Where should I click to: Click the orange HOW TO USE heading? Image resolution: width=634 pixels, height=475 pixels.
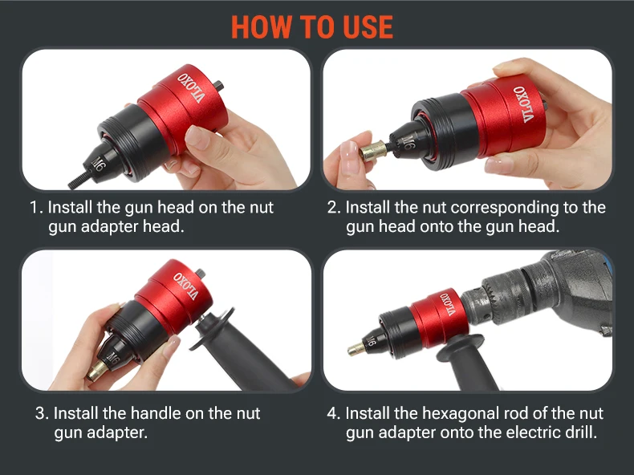click(311, 27)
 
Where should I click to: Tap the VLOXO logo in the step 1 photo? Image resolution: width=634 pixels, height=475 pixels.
click(190, 88)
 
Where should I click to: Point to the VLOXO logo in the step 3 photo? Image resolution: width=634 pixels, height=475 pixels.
click(186, 286)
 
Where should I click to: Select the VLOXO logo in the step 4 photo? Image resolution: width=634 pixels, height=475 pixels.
click(449, 303)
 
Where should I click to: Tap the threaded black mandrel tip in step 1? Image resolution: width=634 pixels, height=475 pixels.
click(79, 181)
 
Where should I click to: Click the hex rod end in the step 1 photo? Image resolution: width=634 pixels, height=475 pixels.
click(218, 85)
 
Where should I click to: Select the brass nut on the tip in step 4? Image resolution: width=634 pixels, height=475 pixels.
click(356, 348)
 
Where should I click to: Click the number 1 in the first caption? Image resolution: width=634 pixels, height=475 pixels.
click(35, 208)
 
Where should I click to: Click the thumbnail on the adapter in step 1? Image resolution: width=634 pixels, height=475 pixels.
click(197, 136)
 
